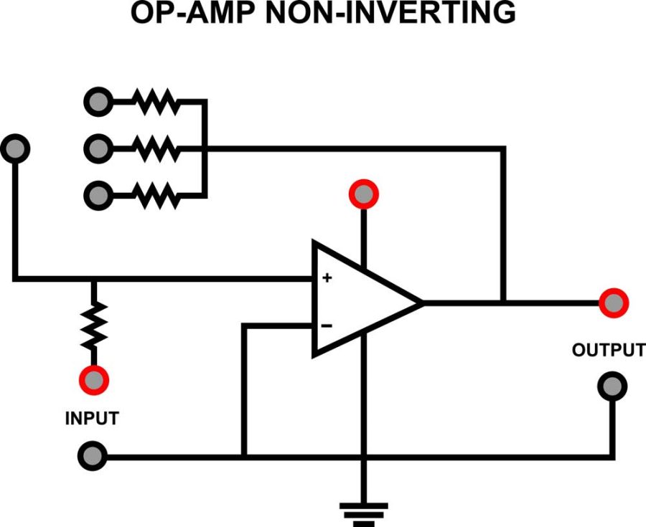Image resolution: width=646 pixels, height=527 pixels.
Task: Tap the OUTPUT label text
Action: coord(608,351)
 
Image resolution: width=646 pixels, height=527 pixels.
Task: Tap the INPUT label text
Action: coord(92,418)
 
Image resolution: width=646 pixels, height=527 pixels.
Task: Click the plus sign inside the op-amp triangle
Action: coord(327,277)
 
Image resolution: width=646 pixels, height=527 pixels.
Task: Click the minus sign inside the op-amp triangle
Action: coord(327,326)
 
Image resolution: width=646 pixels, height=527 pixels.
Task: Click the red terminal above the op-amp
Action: coord(364,194)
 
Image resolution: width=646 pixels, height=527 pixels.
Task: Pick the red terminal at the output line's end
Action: coord(614,303)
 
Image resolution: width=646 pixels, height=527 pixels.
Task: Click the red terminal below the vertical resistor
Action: coord(93,379)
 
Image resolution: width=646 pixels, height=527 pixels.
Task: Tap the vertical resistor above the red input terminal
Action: coord(93,324)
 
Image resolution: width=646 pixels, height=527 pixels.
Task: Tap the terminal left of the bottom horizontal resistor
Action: coord(98,194)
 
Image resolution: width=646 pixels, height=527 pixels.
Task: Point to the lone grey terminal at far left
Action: coord(17,148)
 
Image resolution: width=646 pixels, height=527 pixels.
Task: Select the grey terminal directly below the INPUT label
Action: coord(93,455)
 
